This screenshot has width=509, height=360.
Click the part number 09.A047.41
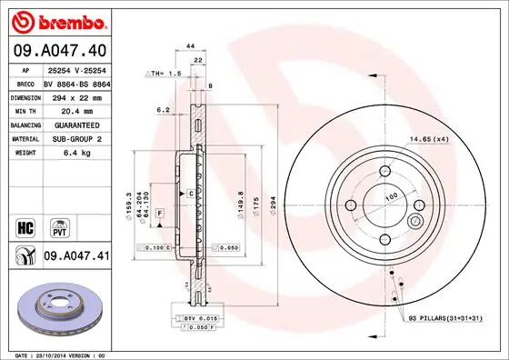(75, 257)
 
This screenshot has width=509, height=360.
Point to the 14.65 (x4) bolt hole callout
(430, 139)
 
